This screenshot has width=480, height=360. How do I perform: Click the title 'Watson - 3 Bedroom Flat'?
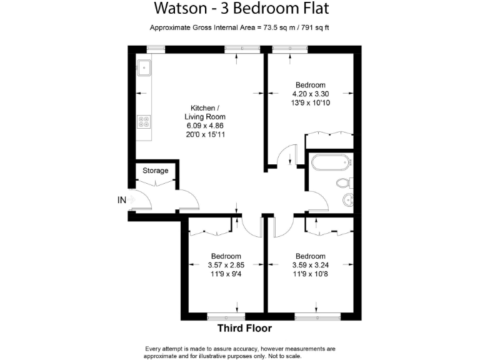pos(241,9)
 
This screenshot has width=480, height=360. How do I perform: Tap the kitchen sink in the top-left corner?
pos(144,65)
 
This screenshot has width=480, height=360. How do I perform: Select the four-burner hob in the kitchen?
pos(144,121)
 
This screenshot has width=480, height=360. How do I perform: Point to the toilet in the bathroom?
pos(344,183)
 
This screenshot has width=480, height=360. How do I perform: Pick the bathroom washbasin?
pos(349,200)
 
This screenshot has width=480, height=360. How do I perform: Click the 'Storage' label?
pos(156,171)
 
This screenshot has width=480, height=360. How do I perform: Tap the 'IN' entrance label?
pos(122,200)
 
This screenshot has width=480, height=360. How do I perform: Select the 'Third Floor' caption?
pos(244,328)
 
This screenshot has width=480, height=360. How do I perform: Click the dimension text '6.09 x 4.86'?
pos(205,125)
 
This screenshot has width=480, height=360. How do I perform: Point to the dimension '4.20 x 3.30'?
pos(311,94)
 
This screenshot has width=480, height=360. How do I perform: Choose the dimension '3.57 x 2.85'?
pos(226,265)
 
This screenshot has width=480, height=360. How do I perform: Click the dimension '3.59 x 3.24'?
pos(311,265)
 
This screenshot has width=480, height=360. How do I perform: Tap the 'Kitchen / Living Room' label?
pos(205,112)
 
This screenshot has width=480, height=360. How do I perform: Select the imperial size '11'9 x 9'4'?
pos(226,274)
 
